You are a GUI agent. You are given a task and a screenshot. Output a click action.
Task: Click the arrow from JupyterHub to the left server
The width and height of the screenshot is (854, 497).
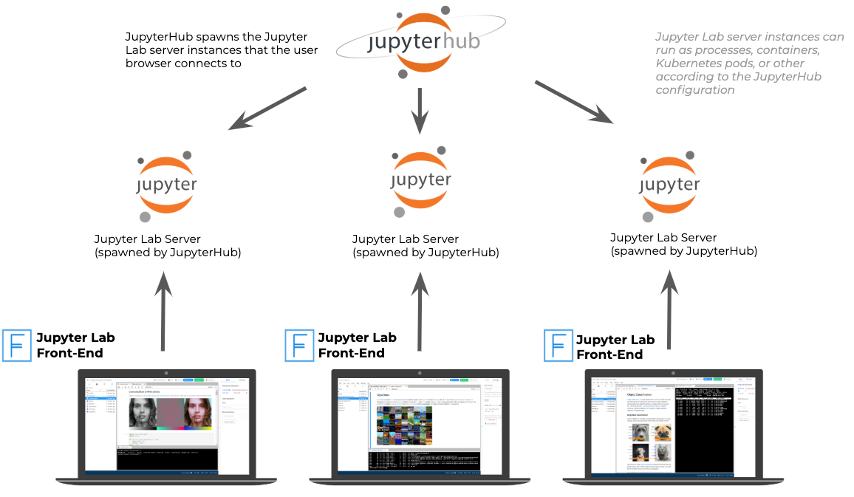point(267,109)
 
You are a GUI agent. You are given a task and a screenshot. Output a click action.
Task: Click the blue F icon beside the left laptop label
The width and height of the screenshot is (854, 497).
point(18,346)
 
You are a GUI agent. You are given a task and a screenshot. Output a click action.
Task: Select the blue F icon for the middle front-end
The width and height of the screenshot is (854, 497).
point(299,346)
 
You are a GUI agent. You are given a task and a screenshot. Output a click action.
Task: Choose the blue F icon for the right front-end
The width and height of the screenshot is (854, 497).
point(558,346)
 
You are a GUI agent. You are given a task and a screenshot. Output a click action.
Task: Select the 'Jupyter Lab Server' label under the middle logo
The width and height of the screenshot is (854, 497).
point(405,239)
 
